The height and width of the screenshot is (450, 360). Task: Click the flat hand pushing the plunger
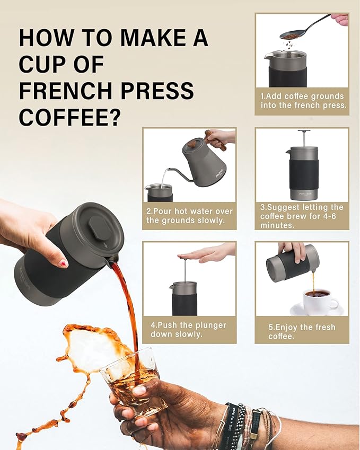(x=206, y=253)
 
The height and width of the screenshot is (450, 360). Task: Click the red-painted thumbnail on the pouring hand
(x=64, y=263)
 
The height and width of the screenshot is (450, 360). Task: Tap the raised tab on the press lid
(x=99, y=229)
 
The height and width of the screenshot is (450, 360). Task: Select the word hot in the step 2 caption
(x=181, y=211)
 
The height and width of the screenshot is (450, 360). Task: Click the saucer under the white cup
(x=317, y=311)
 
